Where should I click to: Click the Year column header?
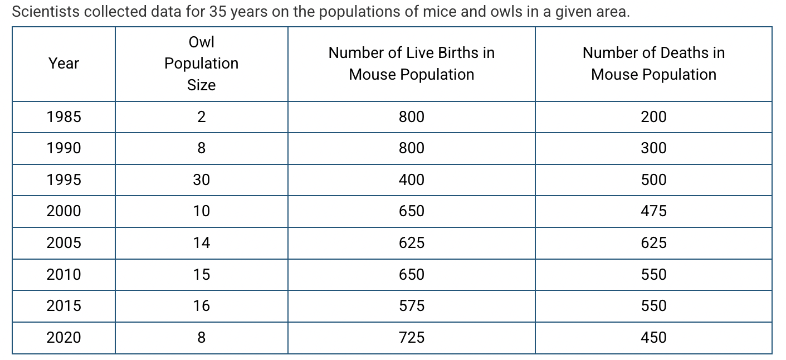tap(64, 64)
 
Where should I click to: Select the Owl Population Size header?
tap(201, 64)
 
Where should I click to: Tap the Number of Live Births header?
tap(411, 64)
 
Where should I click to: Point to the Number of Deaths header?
tap(653, 64)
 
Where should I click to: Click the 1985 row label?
tap(64, 117)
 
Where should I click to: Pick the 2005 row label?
tap(64, 243)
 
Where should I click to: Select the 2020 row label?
tap(64, 338)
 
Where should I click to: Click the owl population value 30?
tap(201, 180)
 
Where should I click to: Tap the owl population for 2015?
tap(201, 306)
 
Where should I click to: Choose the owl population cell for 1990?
tap(201, 148)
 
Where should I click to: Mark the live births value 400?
tap(411, 180)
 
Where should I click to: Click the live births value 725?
tap(411, 338)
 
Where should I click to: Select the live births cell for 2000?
tap(411, 211)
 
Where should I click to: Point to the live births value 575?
tap(411, 306)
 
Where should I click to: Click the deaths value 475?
tap(653, 211)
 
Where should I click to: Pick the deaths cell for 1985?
tap(653, 117)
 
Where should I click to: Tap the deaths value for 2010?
tap(653, 275)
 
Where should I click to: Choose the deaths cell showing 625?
tap(653, 243)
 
